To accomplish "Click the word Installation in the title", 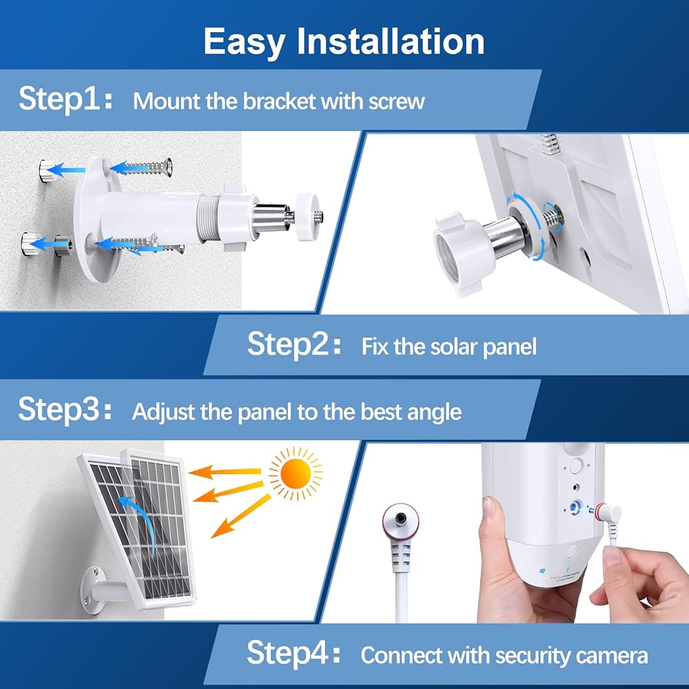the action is tap(391, 41).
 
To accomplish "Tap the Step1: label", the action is tap(65, 98).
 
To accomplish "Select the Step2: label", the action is tap(294, 343).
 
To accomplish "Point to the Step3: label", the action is tap(65, 409).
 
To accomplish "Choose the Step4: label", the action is tap(294, 652).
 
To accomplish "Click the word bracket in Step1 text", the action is tap(279, 101).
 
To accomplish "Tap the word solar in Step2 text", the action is tap(453, 347).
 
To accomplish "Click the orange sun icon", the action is tap(296, 474).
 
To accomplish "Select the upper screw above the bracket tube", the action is tap(145, 167).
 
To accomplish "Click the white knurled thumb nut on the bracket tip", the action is tap(308, 216).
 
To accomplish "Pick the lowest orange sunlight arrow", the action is tap(240, 516).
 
